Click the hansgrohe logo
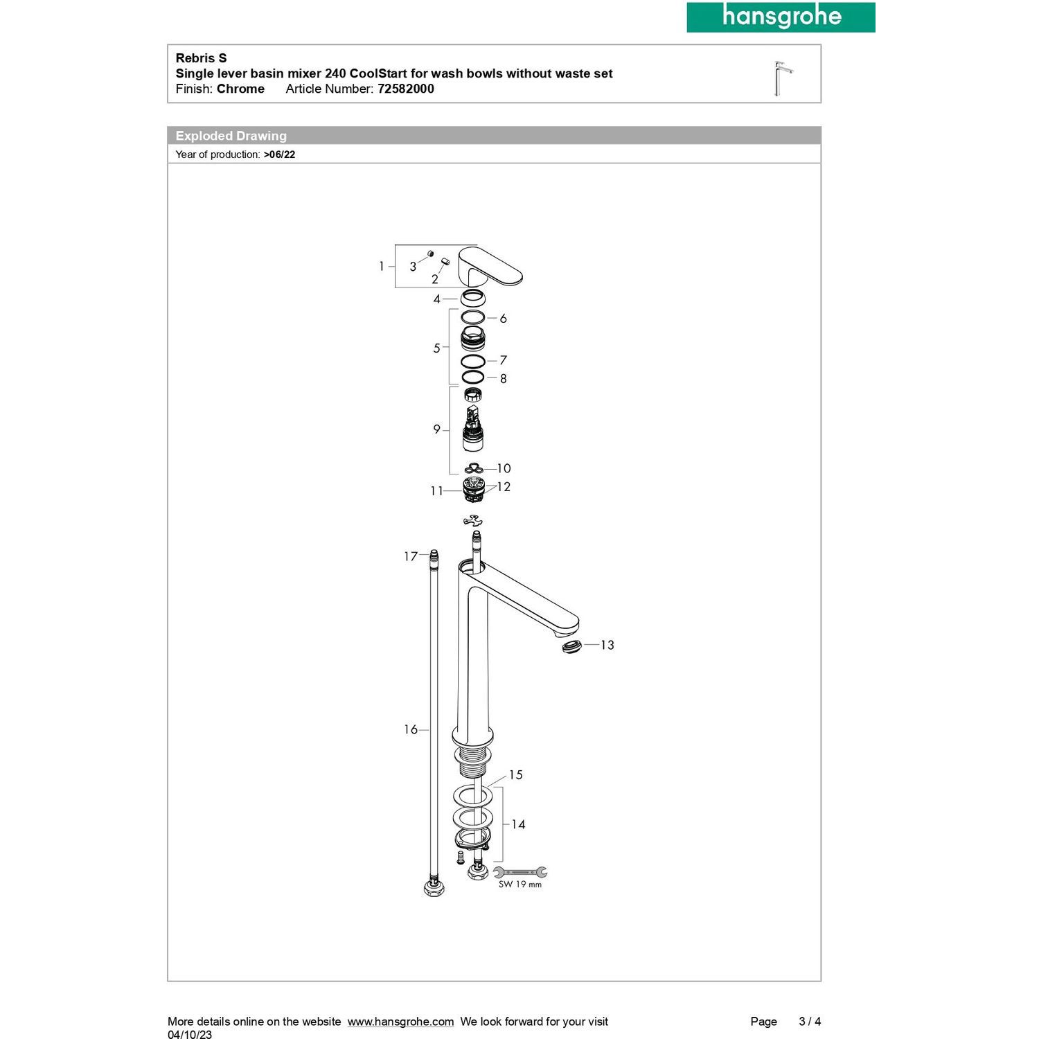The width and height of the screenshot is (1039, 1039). [x=781, y=17]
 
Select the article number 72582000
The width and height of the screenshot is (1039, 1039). [x=405, y=89]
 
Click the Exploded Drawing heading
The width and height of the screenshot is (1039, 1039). [x=231, y=136]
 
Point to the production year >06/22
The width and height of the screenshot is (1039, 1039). [x=279, y=154]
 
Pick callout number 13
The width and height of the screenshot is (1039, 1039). [x=607, y=645]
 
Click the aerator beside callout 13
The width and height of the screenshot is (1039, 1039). [x=572, y=647]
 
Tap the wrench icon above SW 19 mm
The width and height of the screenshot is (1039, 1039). [x=520, y=872]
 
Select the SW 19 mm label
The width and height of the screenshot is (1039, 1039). [x=520, y=885]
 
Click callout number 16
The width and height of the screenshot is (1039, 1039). [x=411, y=729]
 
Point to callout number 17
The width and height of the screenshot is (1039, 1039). [x=411, y=556]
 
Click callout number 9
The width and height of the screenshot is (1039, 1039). [x=436, y=429]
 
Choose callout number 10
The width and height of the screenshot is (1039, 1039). [x=504, y=469]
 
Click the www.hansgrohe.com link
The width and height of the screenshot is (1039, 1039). [x=400, y=1022]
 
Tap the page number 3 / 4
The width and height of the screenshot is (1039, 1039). [x=810, y=1022]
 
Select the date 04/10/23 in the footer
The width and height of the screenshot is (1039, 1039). [x=190, y=1035]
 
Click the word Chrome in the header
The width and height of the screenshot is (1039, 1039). [x=240, y=89]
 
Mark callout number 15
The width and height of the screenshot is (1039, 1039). [x=515, y=775]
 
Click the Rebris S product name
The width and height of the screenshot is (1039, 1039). [x=201, y=58]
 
